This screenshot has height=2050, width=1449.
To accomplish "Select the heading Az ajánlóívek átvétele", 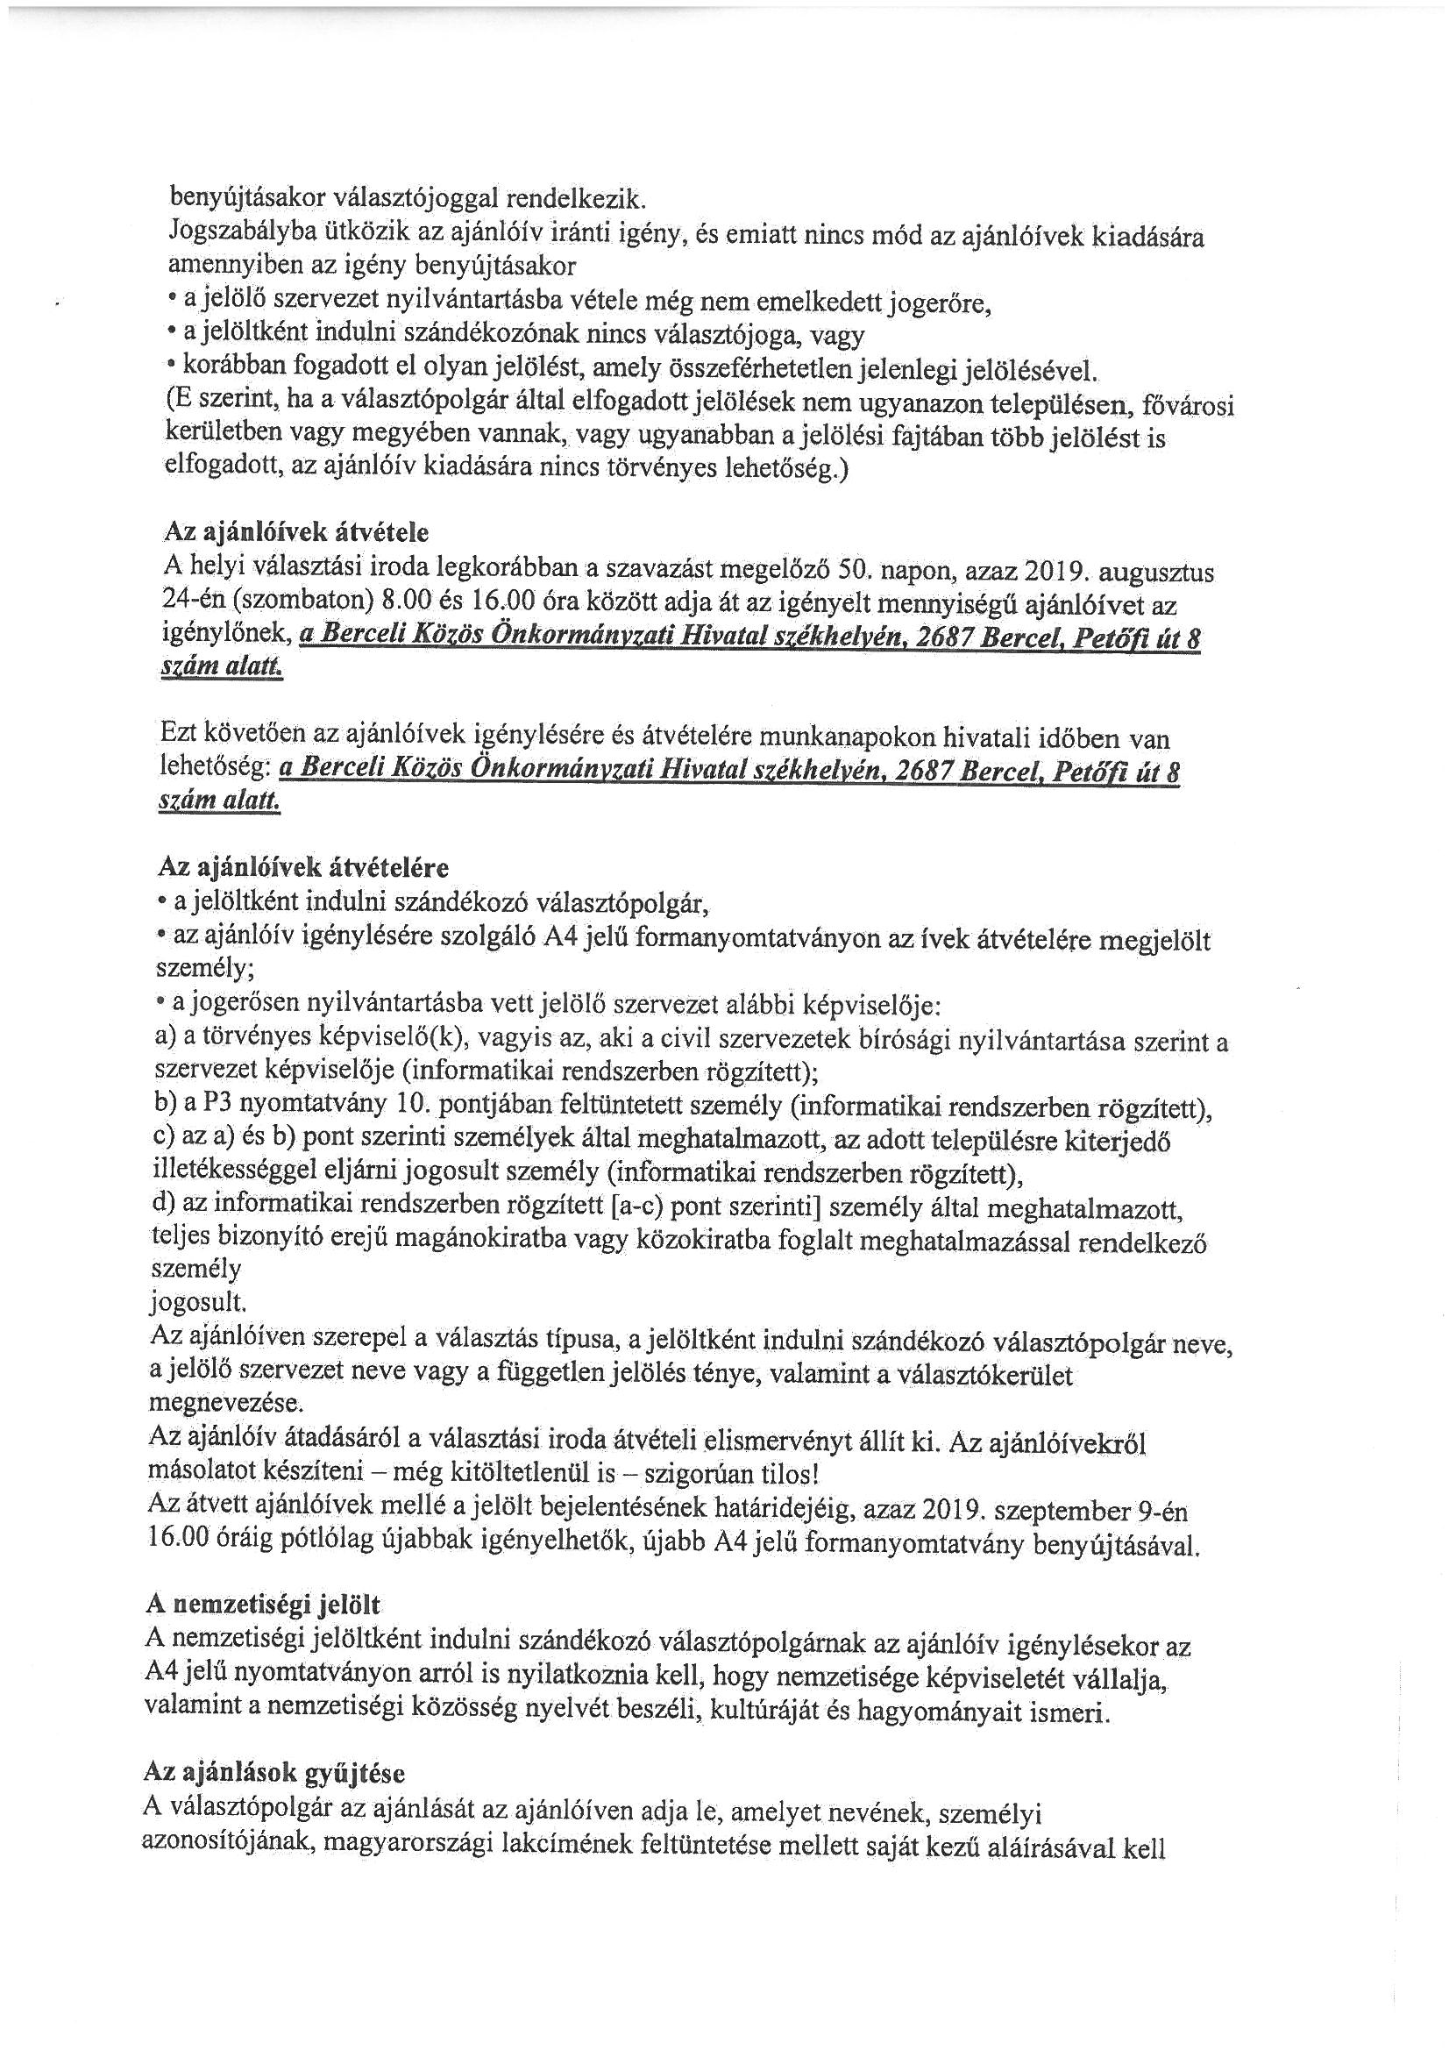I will click(x=295, y=532).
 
